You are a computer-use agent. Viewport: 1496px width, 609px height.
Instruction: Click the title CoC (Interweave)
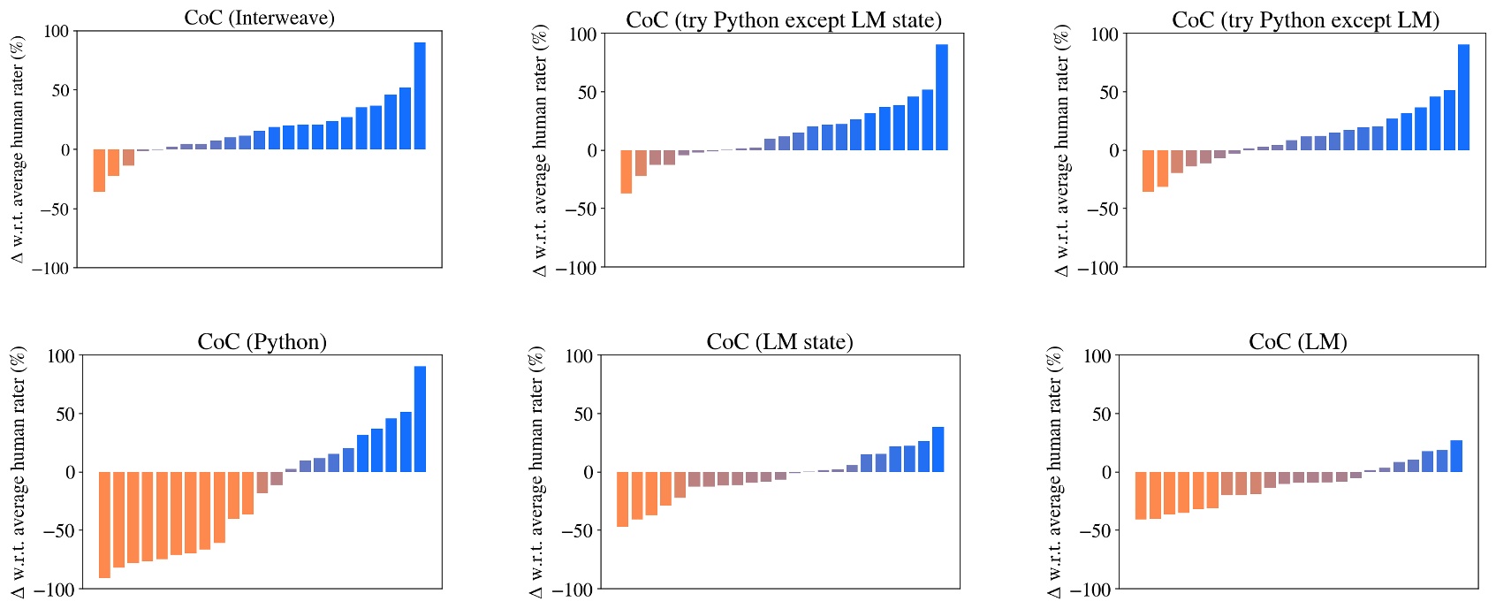tap(259, 18)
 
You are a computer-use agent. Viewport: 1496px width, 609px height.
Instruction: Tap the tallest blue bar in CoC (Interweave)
tap(420, 95)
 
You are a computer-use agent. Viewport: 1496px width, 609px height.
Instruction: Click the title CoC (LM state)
tap(779, 342)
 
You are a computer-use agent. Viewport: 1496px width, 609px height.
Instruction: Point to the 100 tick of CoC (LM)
tap(1097, 356)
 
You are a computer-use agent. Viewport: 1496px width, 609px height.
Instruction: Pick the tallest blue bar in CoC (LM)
tap(1456, 456)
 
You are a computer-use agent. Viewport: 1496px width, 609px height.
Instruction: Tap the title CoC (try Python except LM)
tap(1305, 20)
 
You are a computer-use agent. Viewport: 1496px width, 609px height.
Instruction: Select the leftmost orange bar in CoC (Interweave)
tap(99, 171)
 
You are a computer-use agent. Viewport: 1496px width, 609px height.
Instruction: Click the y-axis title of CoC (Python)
tap(19, 471)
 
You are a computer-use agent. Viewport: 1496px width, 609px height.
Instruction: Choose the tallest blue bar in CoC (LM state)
tap(938, 449)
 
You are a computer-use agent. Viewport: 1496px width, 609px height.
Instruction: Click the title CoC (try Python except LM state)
tap(783, 20)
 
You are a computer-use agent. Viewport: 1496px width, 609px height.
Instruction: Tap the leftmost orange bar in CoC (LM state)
tap(622, 499)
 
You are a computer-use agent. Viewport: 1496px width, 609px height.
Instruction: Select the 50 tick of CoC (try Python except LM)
tap(1108, 93)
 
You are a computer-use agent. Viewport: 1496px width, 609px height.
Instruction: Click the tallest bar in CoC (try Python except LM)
tap(1463, 97)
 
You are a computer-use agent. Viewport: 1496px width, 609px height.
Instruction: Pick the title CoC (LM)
tap(1297, 342)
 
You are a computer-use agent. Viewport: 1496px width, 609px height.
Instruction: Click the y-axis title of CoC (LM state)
tap(537, 471)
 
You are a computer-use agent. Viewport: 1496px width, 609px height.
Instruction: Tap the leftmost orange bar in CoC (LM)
tap(1140, 496)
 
